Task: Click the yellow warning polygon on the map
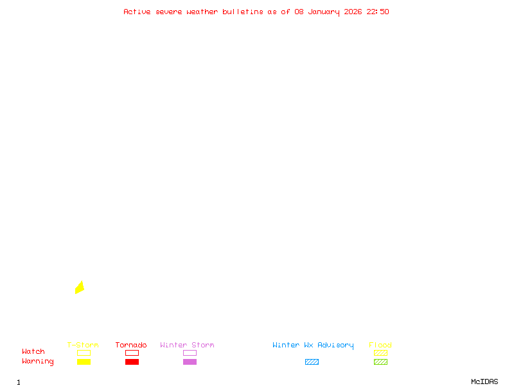pyautogui.click(x=80, y=288)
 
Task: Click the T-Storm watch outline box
pyautogui.click(x=84, y=353)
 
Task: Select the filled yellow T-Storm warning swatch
pyautogui.click(x=84, y=362)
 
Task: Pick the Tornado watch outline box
pyautogui.click(x=132, y=353)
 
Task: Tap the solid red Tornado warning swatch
pyautogui.click(x=132, y=362)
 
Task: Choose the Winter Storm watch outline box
pyautogui.click(x=190, y=353)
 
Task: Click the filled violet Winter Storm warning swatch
pyautogui.click(x=190, y=362)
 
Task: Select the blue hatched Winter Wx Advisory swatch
pyautogui.click(x=312, y=362)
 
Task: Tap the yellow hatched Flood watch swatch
pyautogui.click(x=380, y=353)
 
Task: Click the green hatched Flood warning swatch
pyautogui.click(x=380, y=362)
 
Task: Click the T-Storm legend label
pyautogui.click(x=83, y=345)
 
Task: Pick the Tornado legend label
pyautogui.click(x=131, y=345)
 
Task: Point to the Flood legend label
pyautogui.click(x=380, y=345)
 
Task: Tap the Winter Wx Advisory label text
pyautogui.click(x=313, y=345)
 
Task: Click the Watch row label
pyautogui.click(x=33, y=352)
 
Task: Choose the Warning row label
pyautogui.click(x=38, y=362)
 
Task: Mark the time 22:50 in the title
pyautogui.click(x=378, y=12)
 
